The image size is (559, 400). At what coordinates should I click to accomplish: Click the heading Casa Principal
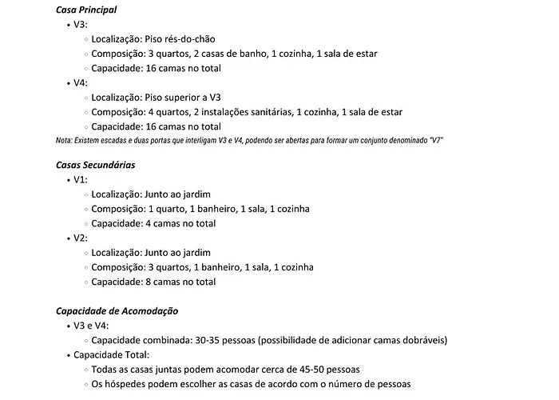click(86, 10)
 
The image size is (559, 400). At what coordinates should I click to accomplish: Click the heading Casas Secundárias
click(95, 165)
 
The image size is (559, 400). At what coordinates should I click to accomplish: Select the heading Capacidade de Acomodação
click(117, 310)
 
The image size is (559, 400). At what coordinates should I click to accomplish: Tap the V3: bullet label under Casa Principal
click(81, 25)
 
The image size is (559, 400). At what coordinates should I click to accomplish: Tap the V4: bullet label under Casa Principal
click(81, 82)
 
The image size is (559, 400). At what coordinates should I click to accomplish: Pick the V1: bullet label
click(81, 180)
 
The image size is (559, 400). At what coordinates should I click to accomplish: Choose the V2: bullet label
click(81, 238)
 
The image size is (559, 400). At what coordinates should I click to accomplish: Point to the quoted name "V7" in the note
click(435, 140)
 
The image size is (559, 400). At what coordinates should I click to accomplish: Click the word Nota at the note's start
click(65, 140)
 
